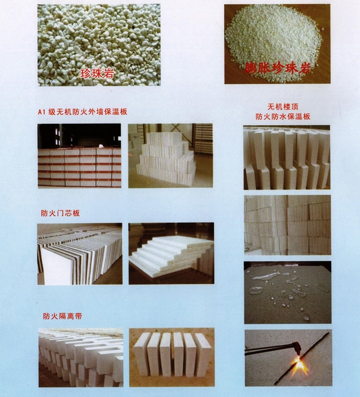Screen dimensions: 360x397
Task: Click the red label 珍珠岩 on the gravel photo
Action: click(97, 73)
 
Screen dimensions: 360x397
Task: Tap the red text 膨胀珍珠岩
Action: click(278, 67)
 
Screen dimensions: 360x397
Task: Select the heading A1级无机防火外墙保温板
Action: click(82, 112)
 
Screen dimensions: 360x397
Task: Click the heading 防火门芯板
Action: click(60, 213)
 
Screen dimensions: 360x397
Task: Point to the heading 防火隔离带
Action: click(62, 316)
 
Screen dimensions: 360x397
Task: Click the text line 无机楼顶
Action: click(283, 107)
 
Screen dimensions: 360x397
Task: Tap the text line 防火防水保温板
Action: click(283, 117)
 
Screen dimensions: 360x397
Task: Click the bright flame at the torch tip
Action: click(299, 364)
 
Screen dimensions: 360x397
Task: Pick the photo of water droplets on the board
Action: click(288, 292)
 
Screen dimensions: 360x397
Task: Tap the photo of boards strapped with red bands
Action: click(80, 156)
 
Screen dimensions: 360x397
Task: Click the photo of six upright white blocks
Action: click(172, 358)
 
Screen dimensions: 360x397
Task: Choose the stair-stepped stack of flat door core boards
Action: click(171, 253)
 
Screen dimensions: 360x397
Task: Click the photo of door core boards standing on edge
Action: click(80, 254)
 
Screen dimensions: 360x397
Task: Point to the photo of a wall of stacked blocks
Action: click(288, 225)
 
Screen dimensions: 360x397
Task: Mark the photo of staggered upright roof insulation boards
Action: click(287, 157)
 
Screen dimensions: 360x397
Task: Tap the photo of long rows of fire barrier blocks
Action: click(81, 358)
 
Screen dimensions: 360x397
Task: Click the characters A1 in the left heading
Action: click(42, 112)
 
